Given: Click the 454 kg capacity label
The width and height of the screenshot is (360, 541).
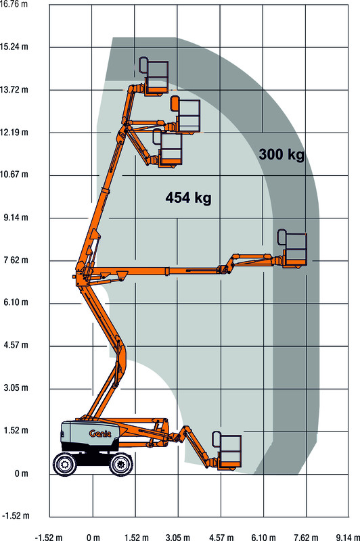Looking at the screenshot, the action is [x=188, y=197].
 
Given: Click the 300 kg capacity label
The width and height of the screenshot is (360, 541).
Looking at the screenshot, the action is [x=282, y=154].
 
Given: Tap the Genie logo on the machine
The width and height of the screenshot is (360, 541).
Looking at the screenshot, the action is [x=100, y=433].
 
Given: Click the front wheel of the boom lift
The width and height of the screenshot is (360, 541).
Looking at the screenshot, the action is [x=121, y=464].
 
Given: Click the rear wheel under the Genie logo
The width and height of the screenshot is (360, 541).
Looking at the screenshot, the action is [x=65, y=464].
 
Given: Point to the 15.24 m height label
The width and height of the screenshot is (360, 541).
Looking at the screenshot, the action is [x=14, y=47].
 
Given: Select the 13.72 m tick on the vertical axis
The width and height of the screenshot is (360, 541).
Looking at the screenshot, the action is [x=14, y=90].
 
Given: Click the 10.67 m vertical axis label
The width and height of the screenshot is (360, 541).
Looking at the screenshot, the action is [x=14, y=174].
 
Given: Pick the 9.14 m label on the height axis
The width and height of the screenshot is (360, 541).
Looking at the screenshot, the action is [x=16, y=218].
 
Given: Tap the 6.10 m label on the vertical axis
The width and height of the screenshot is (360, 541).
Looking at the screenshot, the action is [x=16, y=302].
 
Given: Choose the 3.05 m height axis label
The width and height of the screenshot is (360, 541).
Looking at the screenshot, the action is [x=16, y=387].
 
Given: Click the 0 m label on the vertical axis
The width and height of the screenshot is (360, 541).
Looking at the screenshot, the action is [x=22, y=473].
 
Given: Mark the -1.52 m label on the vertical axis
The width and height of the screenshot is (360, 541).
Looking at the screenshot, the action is [x=16, y=516].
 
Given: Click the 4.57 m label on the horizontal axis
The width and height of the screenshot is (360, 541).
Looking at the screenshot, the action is [x=221, y=537].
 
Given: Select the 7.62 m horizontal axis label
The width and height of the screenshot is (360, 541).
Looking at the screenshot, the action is [x=306, y=537].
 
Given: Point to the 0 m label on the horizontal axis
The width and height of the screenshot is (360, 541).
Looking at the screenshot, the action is [x=93, y=537].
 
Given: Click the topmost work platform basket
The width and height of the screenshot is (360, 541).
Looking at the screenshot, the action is [x=154, y=76].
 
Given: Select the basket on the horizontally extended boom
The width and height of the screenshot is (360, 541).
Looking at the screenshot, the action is [x=292, y=248].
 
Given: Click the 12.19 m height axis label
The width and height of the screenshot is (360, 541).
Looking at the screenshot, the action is [x=14, y=132].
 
